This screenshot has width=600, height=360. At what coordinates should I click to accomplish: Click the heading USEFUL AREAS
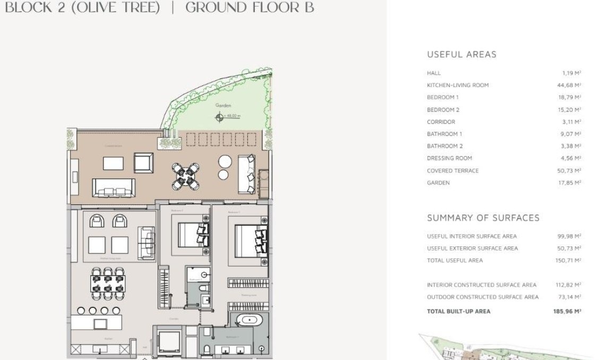(461, 54)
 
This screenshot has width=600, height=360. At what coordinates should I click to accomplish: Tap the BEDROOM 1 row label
(442, 97)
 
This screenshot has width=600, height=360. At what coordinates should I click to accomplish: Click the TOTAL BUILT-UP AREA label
(459, 311)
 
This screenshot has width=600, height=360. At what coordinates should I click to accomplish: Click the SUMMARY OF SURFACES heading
(483, 218)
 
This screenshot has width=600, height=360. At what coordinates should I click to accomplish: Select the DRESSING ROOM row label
(449, 158)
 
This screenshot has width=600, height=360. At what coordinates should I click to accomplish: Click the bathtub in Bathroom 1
(248, 320)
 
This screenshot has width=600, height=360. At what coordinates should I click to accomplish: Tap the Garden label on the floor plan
(224, 106)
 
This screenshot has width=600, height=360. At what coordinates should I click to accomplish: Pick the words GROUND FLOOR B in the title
(250, 7)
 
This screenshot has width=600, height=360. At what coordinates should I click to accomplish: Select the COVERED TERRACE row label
(452, 170)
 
